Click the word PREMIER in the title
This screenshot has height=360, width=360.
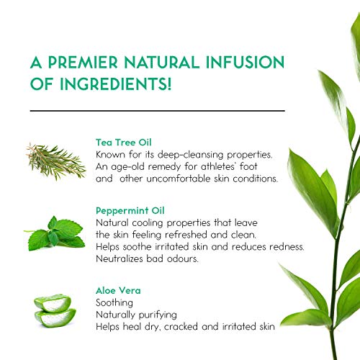[83, 63]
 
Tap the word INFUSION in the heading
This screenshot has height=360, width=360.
[245, 63]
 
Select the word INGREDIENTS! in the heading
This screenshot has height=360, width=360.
[115, 84]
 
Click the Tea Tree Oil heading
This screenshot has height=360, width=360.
[124, 143]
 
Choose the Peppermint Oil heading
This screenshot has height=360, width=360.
[130, 211]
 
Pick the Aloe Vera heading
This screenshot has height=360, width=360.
[118, 291]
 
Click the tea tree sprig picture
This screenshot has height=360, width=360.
[56, 161]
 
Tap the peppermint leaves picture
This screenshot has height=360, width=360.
[55, 233]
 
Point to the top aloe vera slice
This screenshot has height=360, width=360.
[53, 303]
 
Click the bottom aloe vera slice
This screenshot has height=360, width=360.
[55, 318]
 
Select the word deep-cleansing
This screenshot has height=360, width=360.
[190, 155]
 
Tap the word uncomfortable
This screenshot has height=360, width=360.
[179, 179]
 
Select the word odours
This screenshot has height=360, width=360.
[183, 258]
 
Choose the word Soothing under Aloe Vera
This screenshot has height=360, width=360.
[114, 303]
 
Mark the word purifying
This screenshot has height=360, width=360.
[158, 315]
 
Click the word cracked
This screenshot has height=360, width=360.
[181, 327]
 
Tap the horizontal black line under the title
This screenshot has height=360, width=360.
[158, 111]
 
